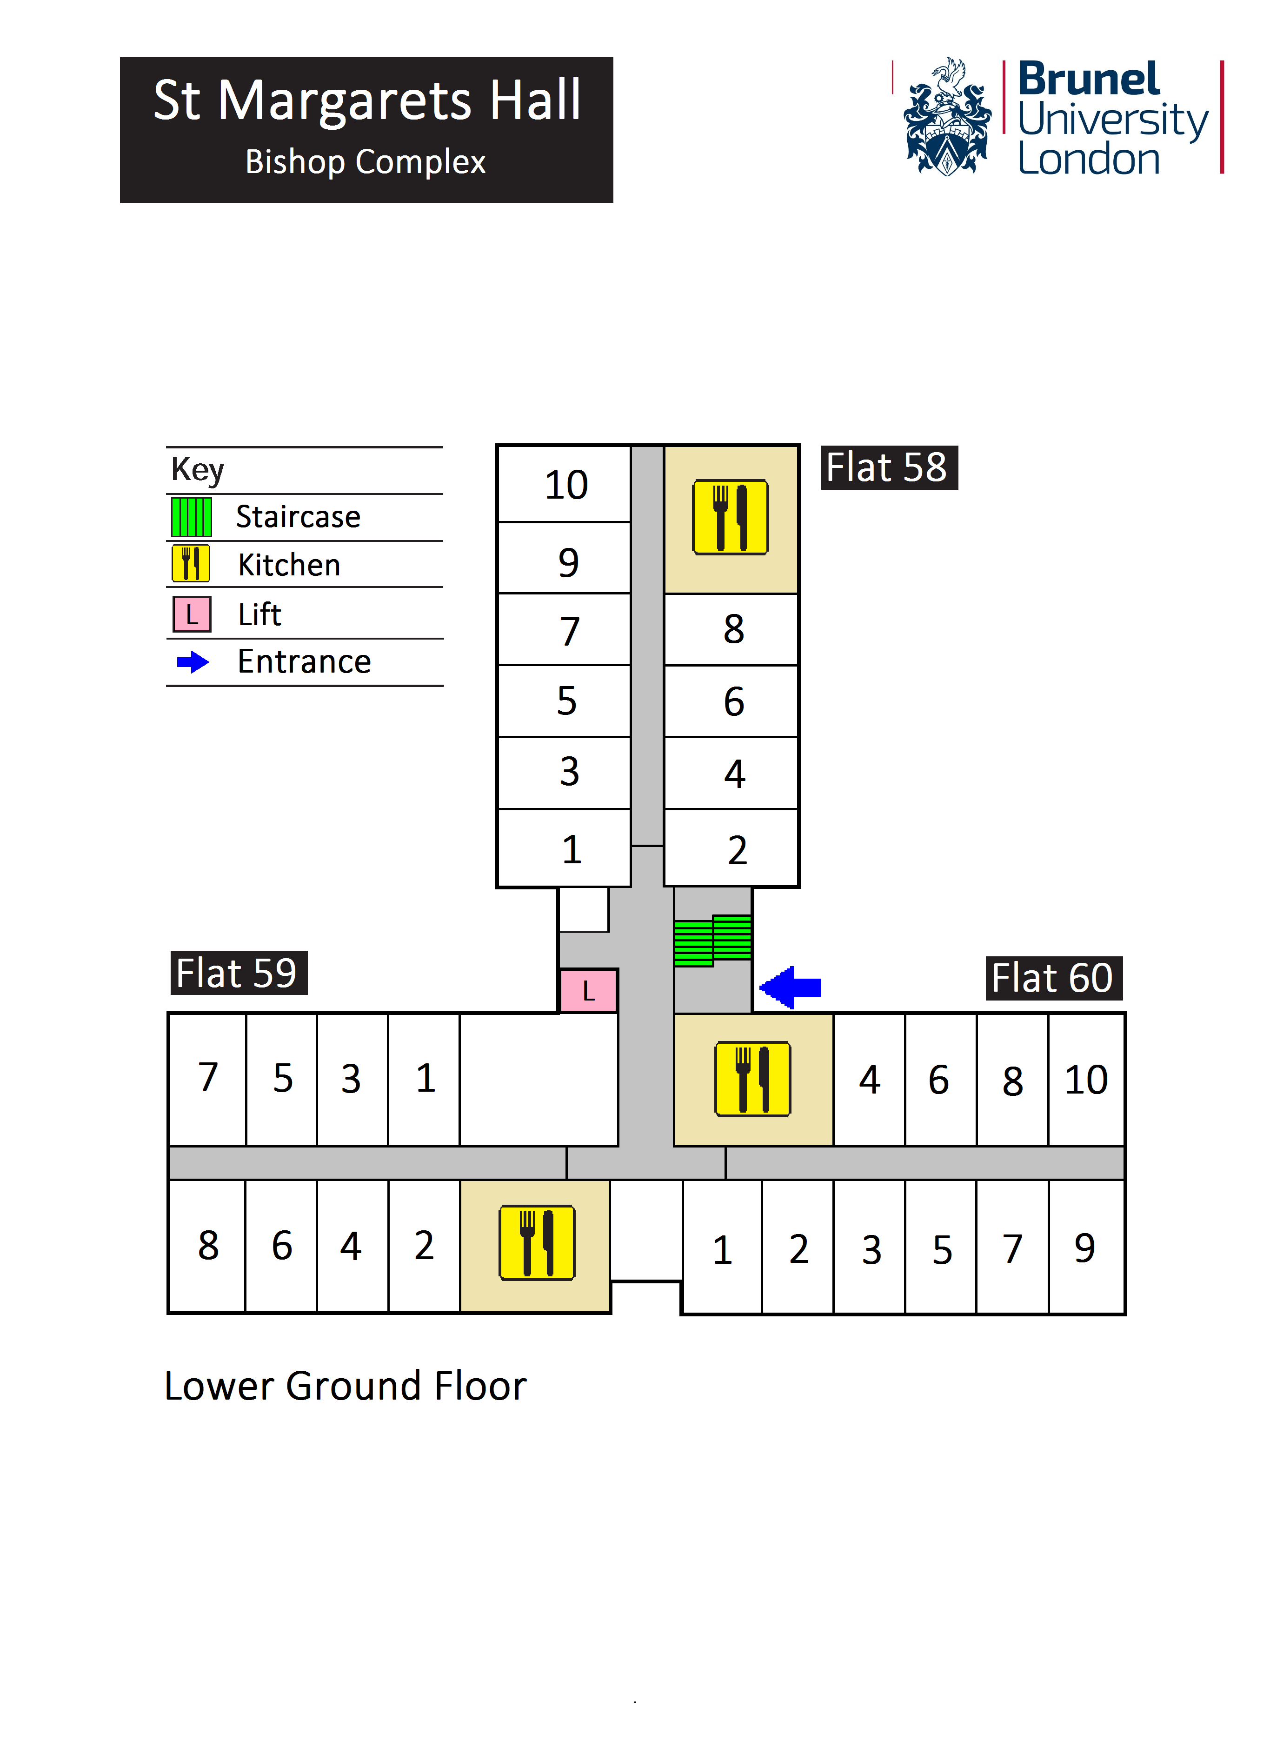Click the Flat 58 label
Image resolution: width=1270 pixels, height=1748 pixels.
coord(889,468)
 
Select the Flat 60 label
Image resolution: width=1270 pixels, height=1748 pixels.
coord(1053,978)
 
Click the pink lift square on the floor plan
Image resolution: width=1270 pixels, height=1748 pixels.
coord(588,990)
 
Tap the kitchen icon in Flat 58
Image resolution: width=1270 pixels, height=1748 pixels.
coord(730,517)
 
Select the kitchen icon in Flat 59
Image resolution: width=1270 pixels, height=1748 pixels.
coord(536,1242)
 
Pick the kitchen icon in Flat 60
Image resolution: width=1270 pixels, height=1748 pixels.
coord(752,1079)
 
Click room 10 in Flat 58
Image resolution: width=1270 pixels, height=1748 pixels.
coord(565,485)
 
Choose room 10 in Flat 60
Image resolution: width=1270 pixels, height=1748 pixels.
coord(1086,1079)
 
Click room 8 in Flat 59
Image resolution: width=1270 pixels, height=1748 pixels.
coord(207,1246)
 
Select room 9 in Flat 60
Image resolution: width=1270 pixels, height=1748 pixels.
coord(1085,1247)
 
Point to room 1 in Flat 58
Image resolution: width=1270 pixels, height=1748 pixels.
coord(570,849)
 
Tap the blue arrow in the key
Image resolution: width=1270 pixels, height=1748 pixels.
coord(193,662)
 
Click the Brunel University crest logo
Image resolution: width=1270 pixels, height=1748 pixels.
coord(947,117)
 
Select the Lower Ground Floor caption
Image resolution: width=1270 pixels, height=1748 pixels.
coord(345,1386)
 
